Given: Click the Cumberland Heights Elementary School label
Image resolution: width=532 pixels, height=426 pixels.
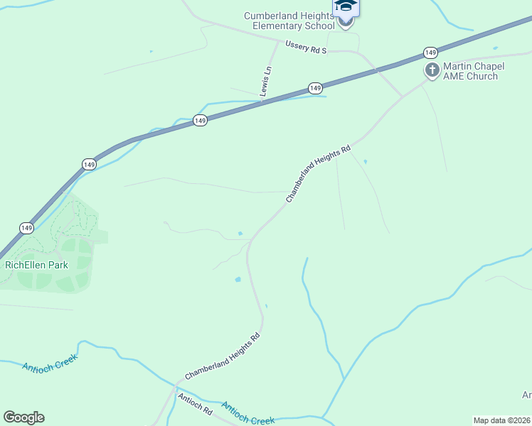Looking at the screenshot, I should pyautogui.click(x=289, y=21).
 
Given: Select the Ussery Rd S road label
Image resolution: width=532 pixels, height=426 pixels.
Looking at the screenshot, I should pyautogui.click(x=306, y=47).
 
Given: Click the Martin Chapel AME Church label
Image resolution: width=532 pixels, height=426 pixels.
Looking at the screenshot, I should pyautogui.click(x=474, y=71).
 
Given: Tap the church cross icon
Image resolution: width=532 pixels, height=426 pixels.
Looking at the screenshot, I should pyautogui.click(x=432, y=70).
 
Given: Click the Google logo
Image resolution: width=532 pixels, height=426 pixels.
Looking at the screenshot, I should pyautogui.click(x=23, y=417).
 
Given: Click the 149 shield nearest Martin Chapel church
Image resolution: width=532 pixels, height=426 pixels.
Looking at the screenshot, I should pyautogui.click(x=430, y=53).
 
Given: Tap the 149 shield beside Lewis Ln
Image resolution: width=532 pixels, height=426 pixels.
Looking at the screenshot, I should pyautogui.click(x=316, y=87).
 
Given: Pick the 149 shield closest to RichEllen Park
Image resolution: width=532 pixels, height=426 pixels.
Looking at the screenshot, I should pyautogui.click(x=26, y=228).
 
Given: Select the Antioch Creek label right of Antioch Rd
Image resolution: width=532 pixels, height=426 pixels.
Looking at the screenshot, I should pyautogui.click(x=248, y=413).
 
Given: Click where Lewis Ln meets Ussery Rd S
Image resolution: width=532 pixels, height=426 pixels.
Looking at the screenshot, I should pyautogui.click(x=277, y=41).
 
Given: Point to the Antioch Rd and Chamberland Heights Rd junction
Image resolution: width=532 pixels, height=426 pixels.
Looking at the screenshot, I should pyautogui.click(x=175, y=388).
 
